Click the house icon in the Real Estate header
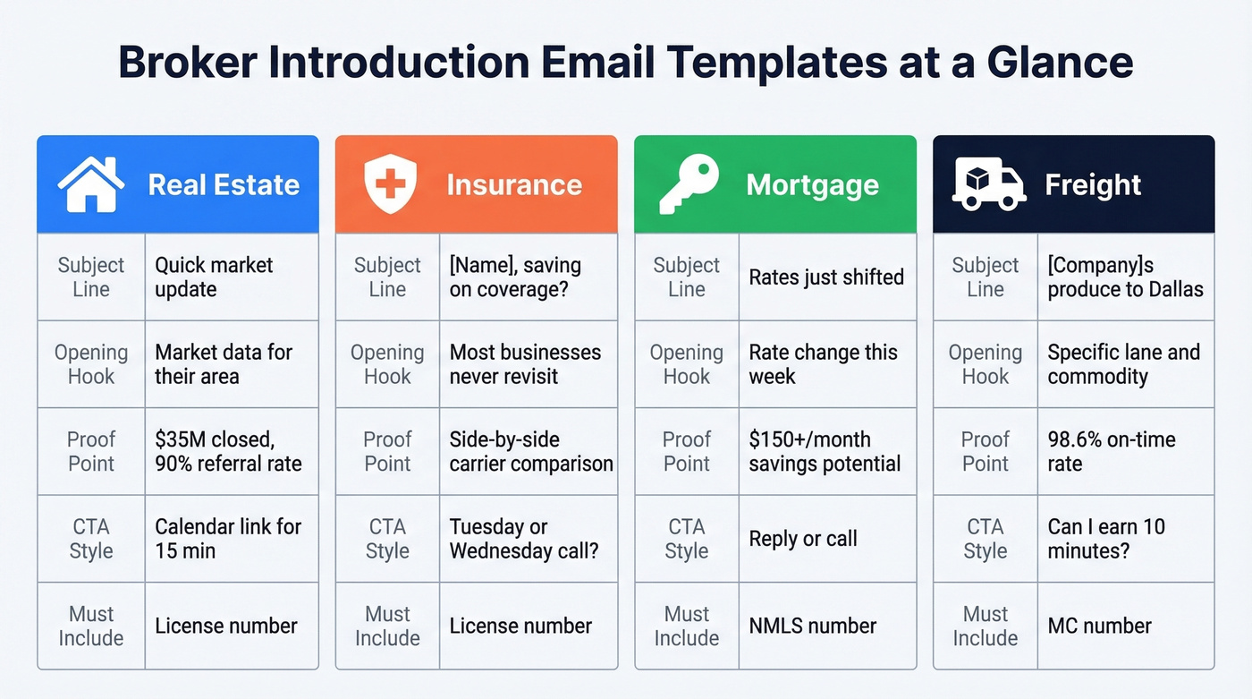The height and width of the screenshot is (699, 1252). click(90, 184)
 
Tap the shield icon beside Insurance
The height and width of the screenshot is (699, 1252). click(391, 184)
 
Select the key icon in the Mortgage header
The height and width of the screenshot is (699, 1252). click(689, 184)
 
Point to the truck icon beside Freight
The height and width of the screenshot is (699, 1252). click(988, 184)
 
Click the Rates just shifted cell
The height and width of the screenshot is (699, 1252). click(826, 277)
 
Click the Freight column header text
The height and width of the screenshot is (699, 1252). click(1093, 185)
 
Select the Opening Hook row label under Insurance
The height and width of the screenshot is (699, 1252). click(387, 364)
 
